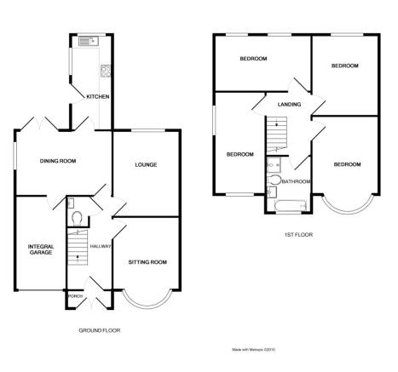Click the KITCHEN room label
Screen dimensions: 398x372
pyautogui.click(x=98, y=96)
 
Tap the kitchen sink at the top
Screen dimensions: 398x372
pyautogui.click(x=89, y=41)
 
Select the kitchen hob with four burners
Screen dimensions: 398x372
pyautogui.click(x=106, y=71)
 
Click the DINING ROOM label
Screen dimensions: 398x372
pyautogui.click(x=58, y=161)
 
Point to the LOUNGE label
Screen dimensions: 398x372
pyautogui.click(x=146, y=164)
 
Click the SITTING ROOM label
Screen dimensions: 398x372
pyautogui.click(x=147, y=262)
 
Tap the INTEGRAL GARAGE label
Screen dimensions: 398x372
pyautogui.click(x=41, y=249)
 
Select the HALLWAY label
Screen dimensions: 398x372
pyautogui.click(x=101, y=246)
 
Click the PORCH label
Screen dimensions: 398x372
pyautogui.click(x=76, y=296)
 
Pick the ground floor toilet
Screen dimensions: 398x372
pyautogui.click(x=77, y=218)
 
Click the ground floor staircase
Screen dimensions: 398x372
pyautogui.click(x=78, y=248)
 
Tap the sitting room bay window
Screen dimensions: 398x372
pyautogui.click(x=147, y=300)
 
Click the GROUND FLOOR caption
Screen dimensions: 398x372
pyautogui.click(x=100, y=330)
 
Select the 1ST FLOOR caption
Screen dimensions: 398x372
pyautogui.click(x=298, y=235)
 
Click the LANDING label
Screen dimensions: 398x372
pyautogui.click(x=289, y=105)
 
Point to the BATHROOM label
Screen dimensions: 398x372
pyautogui.click(x=296, y=181)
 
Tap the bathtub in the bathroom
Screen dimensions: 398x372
pyautogui.click(x=291, y=206)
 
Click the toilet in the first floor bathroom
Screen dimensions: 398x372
pyautogui.click(x=274, y=180)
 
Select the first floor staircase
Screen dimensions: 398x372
pyautogui.click(x=276, y=134)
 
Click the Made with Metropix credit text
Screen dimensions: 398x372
pyautogui.click(x=254, y=350)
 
